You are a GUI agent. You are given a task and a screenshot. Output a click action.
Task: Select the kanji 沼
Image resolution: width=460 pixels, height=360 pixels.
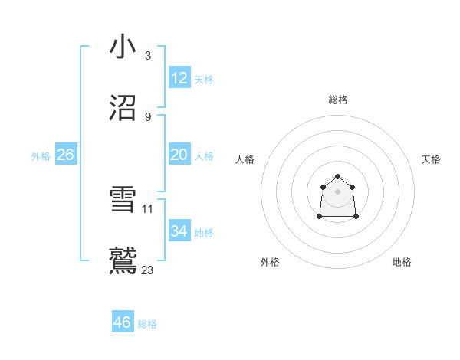[x=123, y=108]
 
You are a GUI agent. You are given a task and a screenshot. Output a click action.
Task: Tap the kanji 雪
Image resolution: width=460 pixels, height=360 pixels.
[x=123, y=201]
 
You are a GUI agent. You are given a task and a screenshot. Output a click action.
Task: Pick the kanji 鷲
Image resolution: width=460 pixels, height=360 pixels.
[x=123, y=261]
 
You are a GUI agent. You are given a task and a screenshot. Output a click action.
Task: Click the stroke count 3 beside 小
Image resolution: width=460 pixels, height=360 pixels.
[x=147, y=56]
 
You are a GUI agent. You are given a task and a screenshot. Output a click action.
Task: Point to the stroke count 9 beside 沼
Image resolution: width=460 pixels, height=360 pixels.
[x=147, y=117]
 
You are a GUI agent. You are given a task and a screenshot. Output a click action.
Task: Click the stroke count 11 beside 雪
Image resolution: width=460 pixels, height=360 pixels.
[x=148, y=208]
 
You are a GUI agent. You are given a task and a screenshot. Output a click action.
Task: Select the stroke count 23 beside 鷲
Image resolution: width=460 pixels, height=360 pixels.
[x=148, y=270]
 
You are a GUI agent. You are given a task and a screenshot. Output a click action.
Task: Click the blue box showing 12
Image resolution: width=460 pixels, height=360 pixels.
[x=179, y=78]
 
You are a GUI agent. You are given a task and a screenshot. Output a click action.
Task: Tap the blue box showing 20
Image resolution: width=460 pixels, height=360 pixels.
[x=179, y=155]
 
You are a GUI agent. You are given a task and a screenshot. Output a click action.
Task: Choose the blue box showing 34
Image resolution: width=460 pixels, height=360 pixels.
[x=179, y=231]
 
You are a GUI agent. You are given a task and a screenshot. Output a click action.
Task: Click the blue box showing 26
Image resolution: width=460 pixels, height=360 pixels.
[x=65, y=155]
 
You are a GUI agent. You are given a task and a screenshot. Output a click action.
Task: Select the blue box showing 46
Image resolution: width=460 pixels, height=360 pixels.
[x=123, y=322]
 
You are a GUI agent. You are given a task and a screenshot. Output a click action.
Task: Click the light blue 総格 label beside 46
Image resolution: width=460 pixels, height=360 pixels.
[x=147, y=324]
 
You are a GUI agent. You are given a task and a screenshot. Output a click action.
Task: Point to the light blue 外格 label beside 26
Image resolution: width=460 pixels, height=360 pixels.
[x=41, y=155]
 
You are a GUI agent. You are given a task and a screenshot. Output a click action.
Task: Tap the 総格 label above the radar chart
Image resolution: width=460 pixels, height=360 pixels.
[x=338, y=100]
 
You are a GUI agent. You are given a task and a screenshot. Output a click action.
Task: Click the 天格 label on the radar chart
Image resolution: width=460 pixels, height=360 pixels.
[x=431, y=159]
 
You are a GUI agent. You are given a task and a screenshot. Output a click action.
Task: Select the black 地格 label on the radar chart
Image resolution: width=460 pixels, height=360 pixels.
[x=402, y=262]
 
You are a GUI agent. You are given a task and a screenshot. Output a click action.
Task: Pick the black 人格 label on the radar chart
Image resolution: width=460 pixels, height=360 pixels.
[x=245, y=159]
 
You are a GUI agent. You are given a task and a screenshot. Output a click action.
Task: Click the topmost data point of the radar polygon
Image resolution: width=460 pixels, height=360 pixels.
[x=337, y=177]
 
